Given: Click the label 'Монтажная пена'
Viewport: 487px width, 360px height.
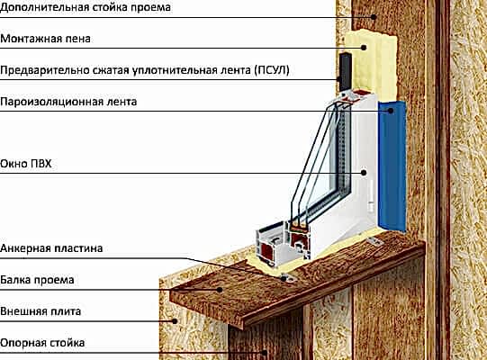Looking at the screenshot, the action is [45, 39].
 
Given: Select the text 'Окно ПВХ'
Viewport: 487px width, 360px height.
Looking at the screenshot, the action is [26, 164].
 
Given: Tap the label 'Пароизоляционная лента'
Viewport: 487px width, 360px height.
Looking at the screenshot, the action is [68, 102].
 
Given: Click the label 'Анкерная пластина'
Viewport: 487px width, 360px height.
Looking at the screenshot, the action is [51, 248].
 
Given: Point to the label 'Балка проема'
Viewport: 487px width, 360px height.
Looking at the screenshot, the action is [37, 280].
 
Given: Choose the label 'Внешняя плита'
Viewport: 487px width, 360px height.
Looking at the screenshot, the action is [41, 311].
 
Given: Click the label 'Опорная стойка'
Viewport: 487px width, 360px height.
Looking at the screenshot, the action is [42, 343].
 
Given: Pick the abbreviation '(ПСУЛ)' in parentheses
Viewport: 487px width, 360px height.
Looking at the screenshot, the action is [272, 70].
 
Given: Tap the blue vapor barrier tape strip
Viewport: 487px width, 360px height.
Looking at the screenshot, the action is [392, 166].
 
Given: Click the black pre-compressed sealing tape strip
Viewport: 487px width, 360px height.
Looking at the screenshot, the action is [345, 72].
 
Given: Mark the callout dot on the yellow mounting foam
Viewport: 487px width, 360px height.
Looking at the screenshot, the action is [364, 48].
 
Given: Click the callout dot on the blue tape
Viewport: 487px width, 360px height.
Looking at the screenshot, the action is [391, 111].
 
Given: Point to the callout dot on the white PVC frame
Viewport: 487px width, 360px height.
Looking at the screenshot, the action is [364, 173].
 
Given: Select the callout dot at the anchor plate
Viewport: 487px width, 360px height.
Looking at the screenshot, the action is [284, 278].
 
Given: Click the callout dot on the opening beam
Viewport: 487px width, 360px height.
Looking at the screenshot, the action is [220, 290].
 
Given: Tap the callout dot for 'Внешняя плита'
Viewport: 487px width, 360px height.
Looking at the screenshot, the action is [175, 321].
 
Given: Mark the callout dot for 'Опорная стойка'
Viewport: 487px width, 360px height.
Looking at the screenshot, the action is [265, 353].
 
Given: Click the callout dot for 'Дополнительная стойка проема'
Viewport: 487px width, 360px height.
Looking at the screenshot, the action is [374, 17].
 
